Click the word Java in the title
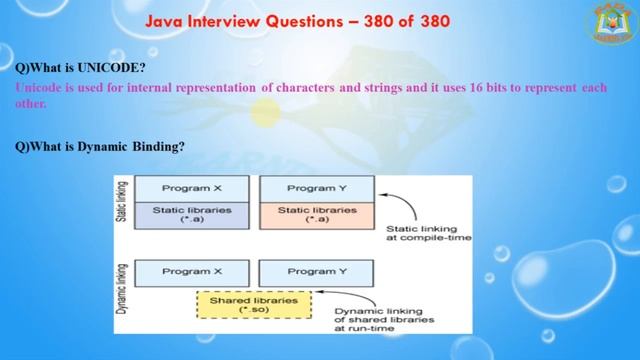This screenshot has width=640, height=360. (x=166, y=20)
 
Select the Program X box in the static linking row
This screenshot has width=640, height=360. (x=192, y=188)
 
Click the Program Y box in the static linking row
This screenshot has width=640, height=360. (x=316, y=188)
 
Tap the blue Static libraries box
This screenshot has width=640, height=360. (x=192, y=215)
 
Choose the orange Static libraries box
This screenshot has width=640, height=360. (x=316, y=215)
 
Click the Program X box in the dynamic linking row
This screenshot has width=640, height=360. (x=192, y=271)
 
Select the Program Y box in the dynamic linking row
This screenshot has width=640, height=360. (x=316, y=271)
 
